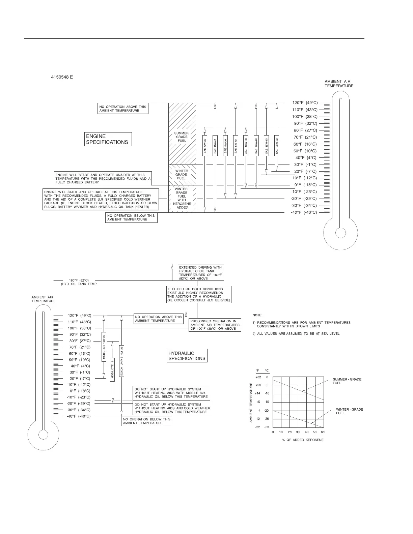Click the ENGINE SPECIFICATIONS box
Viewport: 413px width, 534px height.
[x=108, y=139]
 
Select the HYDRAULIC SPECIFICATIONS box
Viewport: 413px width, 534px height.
[x=187, y=356]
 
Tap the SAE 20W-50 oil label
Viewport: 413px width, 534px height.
[x=277, y=146]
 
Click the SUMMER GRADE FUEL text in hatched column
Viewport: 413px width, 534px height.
[x=182, y=137]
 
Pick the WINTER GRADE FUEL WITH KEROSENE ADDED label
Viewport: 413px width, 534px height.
[x=182, y=198]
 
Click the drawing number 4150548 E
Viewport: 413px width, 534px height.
[x=62, y=77]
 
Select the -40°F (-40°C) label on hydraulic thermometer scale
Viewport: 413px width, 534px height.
[x=78, y=416]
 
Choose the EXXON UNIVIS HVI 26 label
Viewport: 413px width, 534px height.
[x=122, y=360]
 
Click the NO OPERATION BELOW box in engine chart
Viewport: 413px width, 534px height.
[x=131, y=217]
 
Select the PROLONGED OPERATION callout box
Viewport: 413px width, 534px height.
[x=215, y=325]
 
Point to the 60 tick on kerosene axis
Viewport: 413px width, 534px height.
[x=323, y=432]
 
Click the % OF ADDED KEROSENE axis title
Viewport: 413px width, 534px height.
[x=303, y=440]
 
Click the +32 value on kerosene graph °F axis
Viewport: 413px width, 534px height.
[x=258, y=377]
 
